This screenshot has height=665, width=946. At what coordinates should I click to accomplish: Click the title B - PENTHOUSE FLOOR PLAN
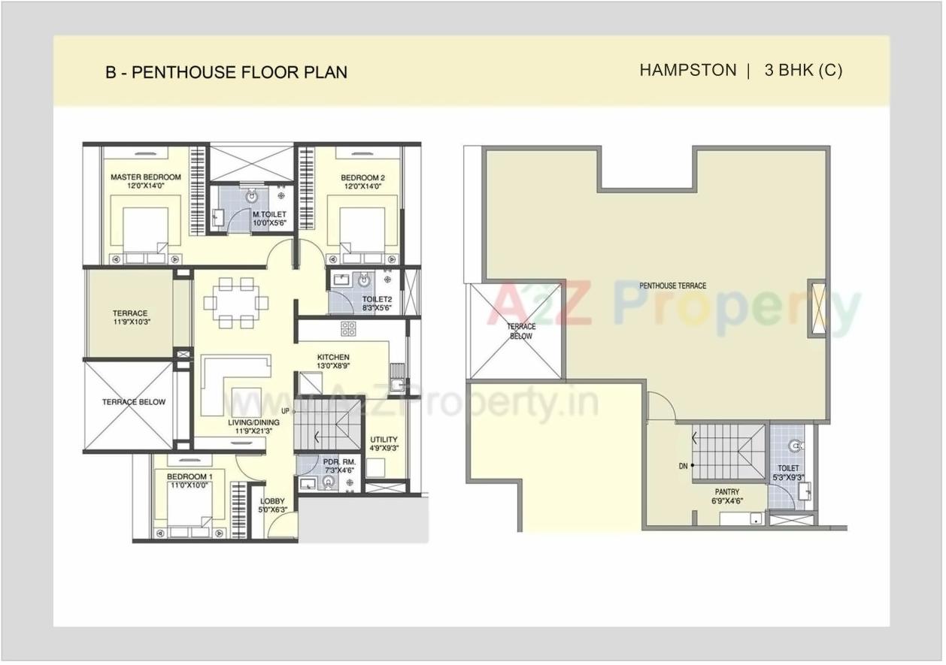click(226, 72)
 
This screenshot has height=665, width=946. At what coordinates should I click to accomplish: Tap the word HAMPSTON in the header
click(687, 70)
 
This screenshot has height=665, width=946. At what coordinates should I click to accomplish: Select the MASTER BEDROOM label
click(146, 177)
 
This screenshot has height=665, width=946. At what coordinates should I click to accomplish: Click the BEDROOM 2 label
click(362, 178)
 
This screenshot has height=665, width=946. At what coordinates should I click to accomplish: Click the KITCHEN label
click(332, 357)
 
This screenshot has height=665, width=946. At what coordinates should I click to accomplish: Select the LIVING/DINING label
click(253, 423)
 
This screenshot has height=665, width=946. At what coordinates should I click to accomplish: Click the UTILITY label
click(384, 440)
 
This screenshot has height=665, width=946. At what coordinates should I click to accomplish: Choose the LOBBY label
click(272, 501)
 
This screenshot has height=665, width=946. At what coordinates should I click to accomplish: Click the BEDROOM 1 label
click(190, 477)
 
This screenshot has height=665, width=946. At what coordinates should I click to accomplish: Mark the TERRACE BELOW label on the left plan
click(134, 402)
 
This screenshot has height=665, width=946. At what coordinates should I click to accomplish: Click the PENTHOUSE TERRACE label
click(672, 286)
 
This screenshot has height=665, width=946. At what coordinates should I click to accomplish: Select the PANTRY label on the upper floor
click(727, 492)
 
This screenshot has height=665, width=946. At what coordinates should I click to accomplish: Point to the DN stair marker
click(684, 466)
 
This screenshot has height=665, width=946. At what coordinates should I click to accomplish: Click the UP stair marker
click(285, 411)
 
